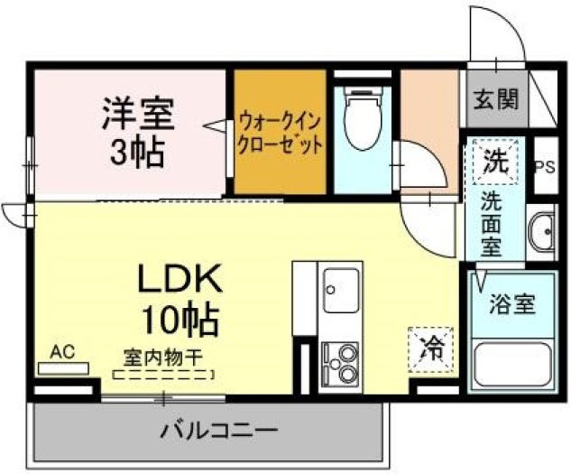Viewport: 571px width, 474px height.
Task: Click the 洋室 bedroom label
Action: tap(138, 114)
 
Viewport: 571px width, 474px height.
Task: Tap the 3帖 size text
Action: tap(136, 153)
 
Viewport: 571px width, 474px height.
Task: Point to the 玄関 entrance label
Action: tap(496, 98)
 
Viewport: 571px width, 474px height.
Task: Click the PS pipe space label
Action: tap(545, 167)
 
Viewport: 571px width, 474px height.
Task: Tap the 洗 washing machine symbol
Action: tap(495, 161)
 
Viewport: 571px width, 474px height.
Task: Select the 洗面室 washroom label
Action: tap(492, 223)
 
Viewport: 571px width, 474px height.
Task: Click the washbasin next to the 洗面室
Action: tap(541, 231)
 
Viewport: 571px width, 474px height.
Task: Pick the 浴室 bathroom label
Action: tap(512, 303)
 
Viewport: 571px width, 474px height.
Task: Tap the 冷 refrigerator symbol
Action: tap(431, 349)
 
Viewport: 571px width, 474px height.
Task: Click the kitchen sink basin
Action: tap(341, 290)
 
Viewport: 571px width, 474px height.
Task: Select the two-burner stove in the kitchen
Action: tap(340, 365)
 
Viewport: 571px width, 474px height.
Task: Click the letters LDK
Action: tap(180, 279)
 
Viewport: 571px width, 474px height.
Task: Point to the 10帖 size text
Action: tap(180, 320)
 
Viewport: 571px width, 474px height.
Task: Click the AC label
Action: tap(62, 352)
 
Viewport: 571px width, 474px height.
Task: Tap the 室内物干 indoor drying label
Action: tap(162, 358)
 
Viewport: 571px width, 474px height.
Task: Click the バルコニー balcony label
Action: tap(219, 431)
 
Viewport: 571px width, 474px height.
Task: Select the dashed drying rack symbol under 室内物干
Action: tap(163, 375)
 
